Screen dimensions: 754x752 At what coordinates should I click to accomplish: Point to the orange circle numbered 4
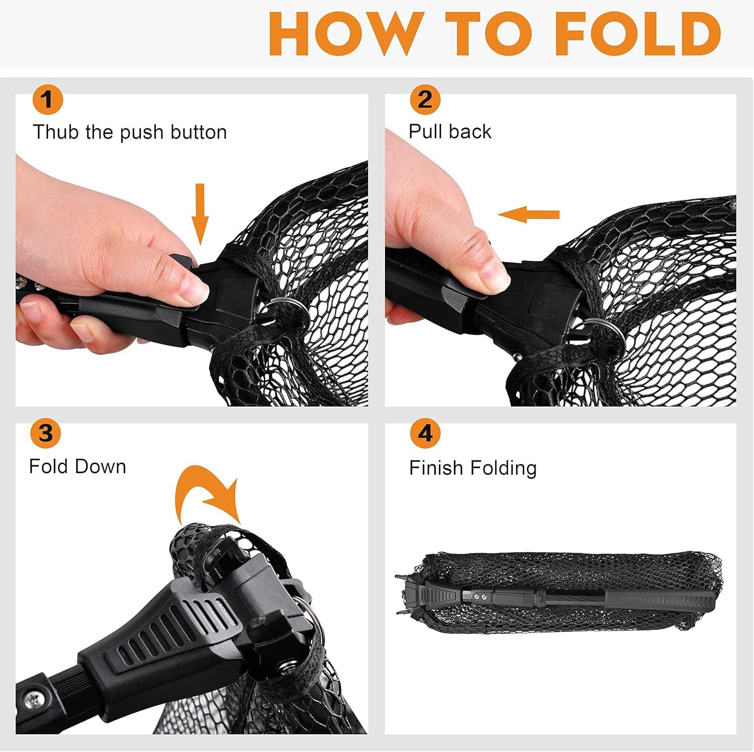click(x=425, y=433)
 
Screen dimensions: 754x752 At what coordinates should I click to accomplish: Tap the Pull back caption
click(x=450, y=132)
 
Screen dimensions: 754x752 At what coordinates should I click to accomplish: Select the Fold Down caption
click(x=77, y=466)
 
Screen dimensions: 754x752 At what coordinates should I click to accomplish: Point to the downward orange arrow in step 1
click(x=200, y=214)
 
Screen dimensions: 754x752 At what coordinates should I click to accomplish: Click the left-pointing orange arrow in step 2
click(x=528, y=215)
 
